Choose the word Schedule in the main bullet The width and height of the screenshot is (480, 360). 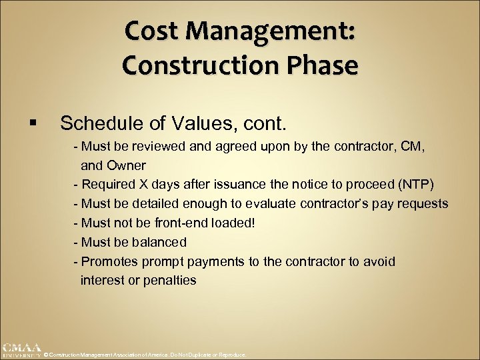pos(99,123)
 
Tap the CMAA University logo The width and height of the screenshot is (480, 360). pos(21,350)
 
